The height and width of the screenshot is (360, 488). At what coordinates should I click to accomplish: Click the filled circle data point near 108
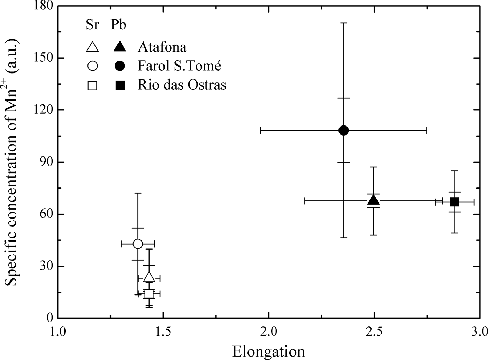point(343,130)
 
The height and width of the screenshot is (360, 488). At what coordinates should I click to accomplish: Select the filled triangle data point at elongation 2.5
point(373,200)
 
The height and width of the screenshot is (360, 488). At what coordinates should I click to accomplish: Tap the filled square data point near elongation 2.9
point(454,201)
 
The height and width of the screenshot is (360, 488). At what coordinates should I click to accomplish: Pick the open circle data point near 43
point(138,244)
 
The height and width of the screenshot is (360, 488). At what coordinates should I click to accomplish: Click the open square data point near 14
point(149,293)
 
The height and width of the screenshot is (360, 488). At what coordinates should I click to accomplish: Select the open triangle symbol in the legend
point(92,47)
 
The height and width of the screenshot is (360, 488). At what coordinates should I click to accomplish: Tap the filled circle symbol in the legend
point(120,66)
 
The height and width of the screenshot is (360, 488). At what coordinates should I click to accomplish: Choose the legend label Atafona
point(162,47)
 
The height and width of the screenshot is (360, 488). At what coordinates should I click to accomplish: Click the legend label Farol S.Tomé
point(180,66)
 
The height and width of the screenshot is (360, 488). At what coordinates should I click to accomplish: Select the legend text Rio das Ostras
point(182,85)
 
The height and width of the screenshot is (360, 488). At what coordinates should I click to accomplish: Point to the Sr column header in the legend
point(92,25)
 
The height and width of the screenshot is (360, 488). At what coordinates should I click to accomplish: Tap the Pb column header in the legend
point(119,25)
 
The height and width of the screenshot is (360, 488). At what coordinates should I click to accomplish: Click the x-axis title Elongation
point(268,351)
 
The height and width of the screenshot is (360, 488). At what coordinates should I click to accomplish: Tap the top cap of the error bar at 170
point(343,23)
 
